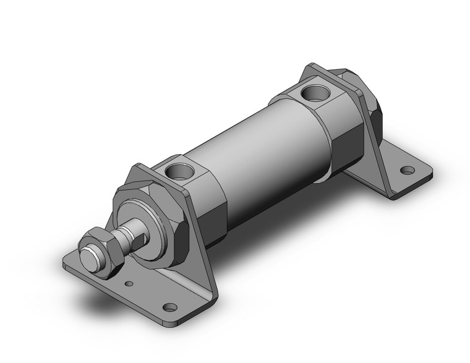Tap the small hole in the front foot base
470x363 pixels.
(129, 284)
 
